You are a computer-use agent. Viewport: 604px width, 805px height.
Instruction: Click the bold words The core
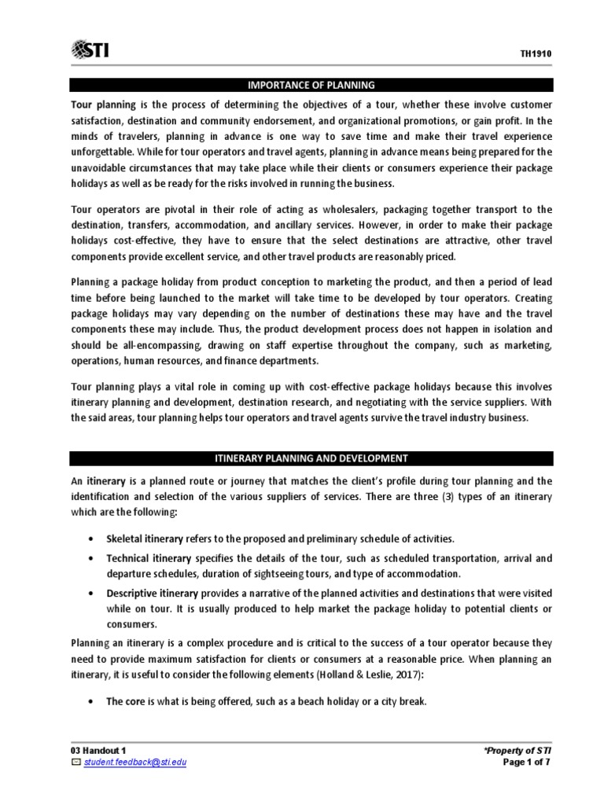click(126, 702)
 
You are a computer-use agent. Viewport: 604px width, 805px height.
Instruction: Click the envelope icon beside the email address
click(75, 762)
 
